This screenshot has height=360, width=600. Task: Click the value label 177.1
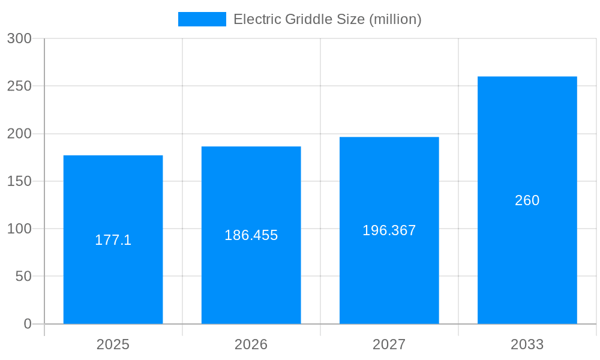[x=113, y=240]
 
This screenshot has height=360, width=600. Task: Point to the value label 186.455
[x=251, y=235]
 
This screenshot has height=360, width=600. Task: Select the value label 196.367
[x=389, y=230]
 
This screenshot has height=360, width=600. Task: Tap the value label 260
[x=527, y=200]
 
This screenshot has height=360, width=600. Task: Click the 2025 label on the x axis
[x=113, y=344]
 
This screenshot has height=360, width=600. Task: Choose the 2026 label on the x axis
[x=251, y=344]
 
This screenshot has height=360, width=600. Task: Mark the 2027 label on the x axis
[x=389, y=344]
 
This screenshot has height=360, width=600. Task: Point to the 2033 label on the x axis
[x=527, y=344]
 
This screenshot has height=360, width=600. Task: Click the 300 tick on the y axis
[x=19, y=38]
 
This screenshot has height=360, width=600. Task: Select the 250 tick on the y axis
[x=19, y=86]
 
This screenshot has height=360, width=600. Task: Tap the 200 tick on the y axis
[x=19, y=134]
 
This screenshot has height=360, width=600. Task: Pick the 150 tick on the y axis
[x=19, y=181]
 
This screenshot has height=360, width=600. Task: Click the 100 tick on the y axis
[x=19, y=229]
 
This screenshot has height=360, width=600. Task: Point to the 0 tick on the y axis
[x=28, y=324]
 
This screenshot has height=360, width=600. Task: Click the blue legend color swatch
[x=202, y=19]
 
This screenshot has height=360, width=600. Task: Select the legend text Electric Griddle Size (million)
[x=327, y=19]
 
